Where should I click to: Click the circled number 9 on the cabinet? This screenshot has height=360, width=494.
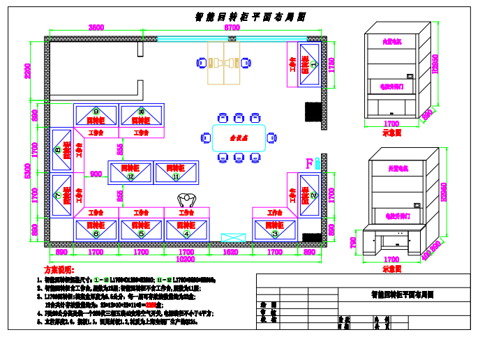(96, 111)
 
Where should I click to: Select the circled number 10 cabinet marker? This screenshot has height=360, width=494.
(141, 111)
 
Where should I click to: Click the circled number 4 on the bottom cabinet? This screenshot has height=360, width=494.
(186, 234)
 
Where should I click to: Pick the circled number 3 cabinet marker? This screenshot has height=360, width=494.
(275, 234)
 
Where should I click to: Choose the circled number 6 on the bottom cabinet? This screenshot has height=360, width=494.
(96, 234)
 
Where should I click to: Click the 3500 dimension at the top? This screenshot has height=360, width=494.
(96, 28)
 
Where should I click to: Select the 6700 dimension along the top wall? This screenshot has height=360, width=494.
(232, 28)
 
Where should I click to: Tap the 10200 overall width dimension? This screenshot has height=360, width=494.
(185, 259)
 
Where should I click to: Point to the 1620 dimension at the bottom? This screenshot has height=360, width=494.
(231, 252)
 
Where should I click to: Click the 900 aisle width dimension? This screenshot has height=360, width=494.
(96, 174)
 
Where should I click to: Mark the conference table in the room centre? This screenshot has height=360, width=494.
(239, 137)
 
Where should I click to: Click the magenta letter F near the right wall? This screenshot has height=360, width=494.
(309, 164)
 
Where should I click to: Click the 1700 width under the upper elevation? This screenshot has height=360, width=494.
(391, 124)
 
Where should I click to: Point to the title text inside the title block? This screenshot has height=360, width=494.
(402, 295)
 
